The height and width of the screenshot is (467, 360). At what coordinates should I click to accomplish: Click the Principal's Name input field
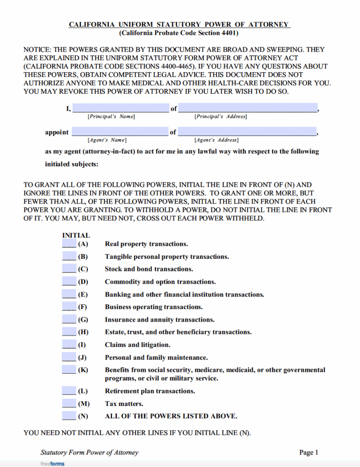[x=120, y=108]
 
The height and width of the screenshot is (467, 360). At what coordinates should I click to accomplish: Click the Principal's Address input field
[x=247, y=108]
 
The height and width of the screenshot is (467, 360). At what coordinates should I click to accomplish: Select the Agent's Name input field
[x=119, y=132]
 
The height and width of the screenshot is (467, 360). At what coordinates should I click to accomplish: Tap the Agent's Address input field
[x=247, y=132]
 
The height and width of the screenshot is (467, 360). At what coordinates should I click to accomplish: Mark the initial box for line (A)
[x=69, y=244]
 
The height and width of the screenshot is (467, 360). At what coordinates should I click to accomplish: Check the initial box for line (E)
[x=69, y=294]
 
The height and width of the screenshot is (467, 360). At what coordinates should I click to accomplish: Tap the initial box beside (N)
[x=69, y=415]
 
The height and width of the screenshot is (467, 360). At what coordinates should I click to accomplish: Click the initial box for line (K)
[x=69, y=370]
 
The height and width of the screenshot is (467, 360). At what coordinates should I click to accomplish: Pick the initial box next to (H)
[x=69, y=332]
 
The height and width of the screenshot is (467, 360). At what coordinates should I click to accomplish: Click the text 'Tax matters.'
[x=124, y=404]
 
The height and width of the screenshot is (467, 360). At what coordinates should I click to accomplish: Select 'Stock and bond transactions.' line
[x=149, y=269]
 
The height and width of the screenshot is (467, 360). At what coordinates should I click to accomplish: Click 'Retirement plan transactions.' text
[x=150, y=391]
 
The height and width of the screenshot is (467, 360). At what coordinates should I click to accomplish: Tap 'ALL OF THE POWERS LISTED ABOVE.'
[x=171, y=416]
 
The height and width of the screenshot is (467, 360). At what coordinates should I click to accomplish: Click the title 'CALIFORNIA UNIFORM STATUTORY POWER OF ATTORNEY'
[x=180, y=24]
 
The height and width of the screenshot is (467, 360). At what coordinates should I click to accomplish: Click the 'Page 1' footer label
[x=308, y=452]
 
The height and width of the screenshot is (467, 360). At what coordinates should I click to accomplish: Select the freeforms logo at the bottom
[x=52, y=463]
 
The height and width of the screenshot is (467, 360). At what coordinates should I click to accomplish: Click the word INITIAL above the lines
[x=76, y=235]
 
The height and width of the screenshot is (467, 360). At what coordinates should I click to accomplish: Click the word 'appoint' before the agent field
[x=57, y=132]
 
